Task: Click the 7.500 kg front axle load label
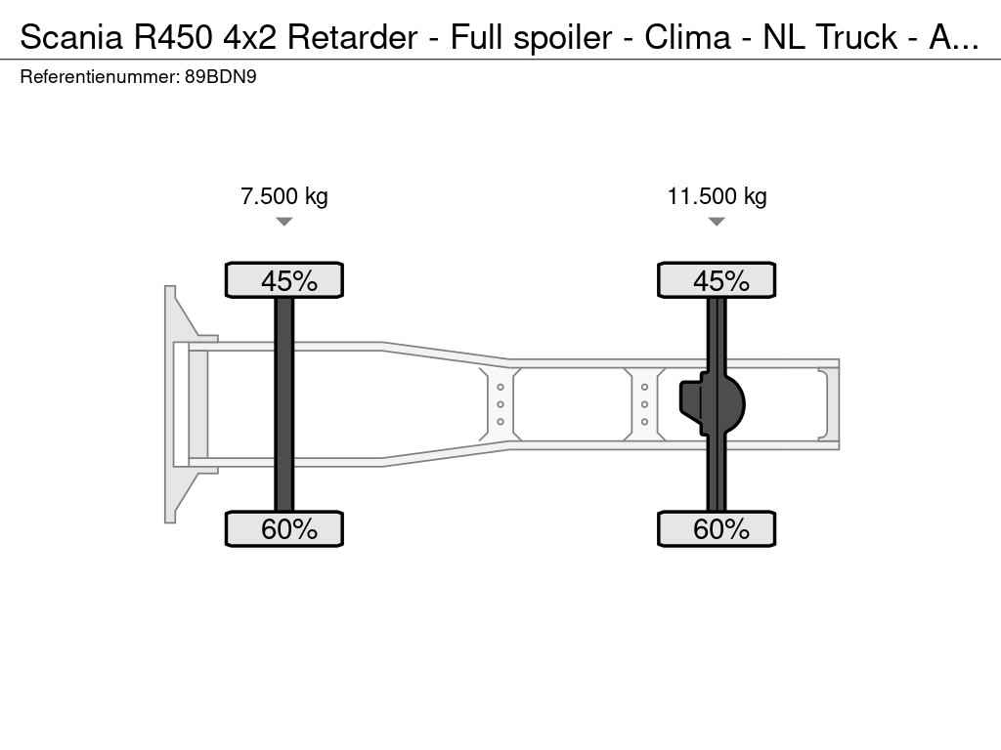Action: [284, 196]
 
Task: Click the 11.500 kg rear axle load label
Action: [717, 196]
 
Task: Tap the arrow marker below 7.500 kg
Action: [284, 222]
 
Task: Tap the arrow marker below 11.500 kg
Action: [717, 222]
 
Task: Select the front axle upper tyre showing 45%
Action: [284, 280]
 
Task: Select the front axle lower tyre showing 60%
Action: [284, 528]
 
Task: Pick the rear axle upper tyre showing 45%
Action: [717, 280]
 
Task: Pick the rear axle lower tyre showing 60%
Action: [717, 528]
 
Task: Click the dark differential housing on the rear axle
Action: [712, 403]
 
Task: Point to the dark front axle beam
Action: [284, 404]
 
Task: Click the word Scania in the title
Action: [70, 37]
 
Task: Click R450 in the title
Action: [173, 37]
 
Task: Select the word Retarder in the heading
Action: [352, 37]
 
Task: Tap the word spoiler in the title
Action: [562, 38]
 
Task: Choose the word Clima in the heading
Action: [687, 37]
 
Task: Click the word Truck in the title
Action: [856, 37]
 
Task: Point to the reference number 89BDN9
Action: [221, 77]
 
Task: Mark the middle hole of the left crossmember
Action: [500, 404]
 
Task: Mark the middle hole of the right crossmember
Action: [645, 404]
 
